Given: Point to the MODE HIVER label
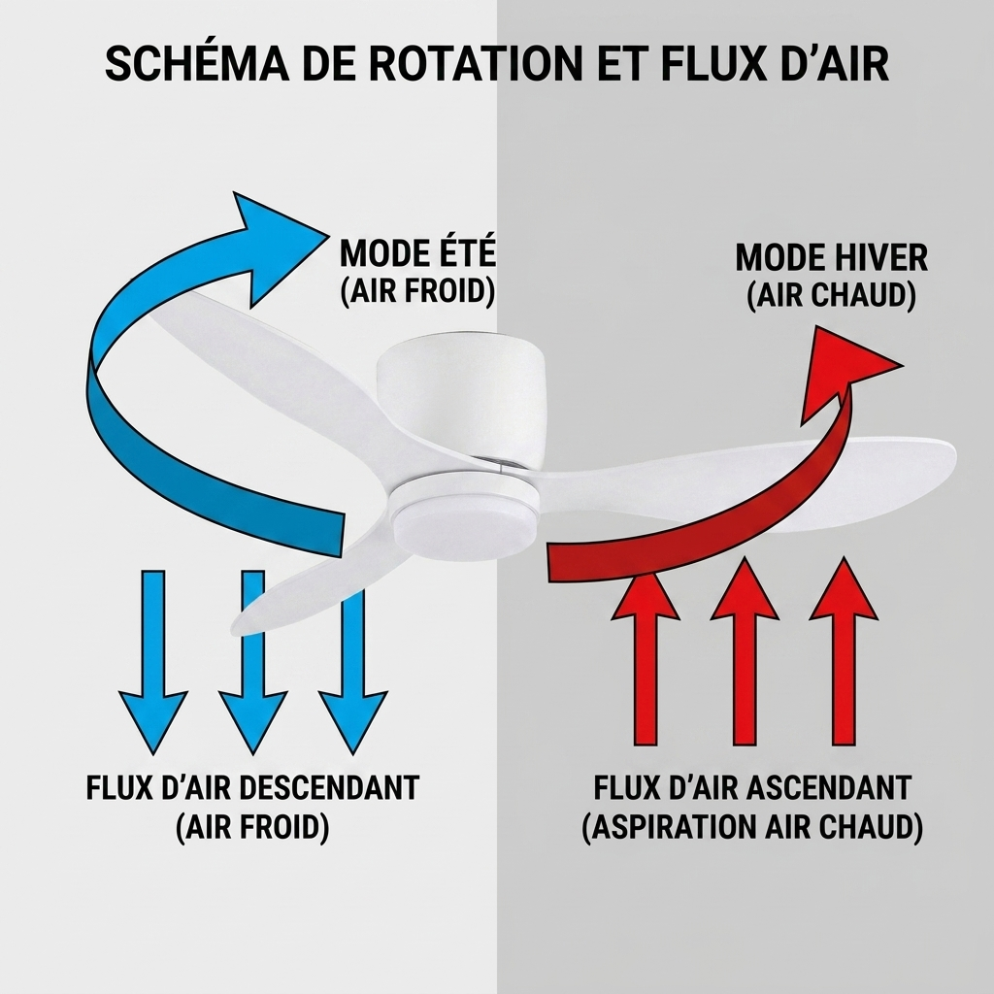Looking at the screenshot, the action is click(832, 257).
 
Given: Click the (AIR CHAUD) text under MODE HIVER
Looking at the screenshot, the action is click(832, 295).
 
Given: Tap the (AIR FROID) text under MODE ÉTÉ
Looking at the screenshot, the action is click(417, 291).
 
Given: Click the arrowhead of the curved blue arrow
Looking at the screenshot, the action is click(276, 248).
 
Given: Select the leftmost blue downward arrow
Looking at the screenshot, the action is click(153, 662).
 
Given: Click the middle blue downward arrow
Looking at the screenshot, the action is click(253, 662).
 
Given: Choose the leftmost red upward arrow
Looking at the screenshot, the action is click(646, 657).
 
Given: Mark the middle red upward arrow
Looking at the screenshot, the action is click(745, 650).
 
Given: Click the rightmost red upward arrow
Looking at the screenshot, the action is click(844, 650).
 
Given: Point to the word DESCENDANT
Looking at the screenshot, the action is click(330, 788).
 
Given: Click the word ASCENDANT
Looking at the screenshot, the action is click(829, 788).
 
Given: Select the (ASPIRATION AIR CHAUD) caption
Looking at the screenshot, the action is click(752, 827).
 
